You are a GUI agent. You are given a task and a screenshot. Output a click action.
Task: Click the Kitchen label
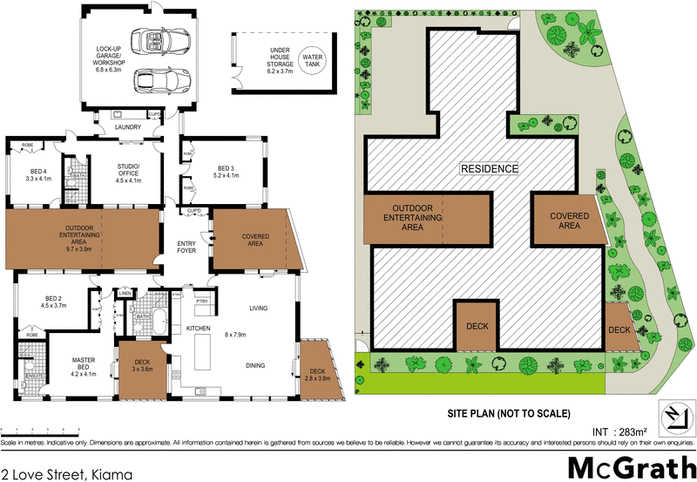(200, 328)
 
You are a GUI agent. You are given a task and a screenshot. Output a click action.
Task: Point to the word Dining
(256, 366)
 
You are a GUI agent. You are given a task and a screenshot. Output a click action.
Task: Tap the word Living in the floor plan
(258, 308)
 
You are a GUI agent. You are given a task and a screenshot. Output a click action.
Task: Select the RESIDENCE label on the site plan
(489, 168)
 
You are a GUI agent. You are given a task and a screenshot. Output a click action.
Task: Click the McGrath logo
(627, 465)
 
